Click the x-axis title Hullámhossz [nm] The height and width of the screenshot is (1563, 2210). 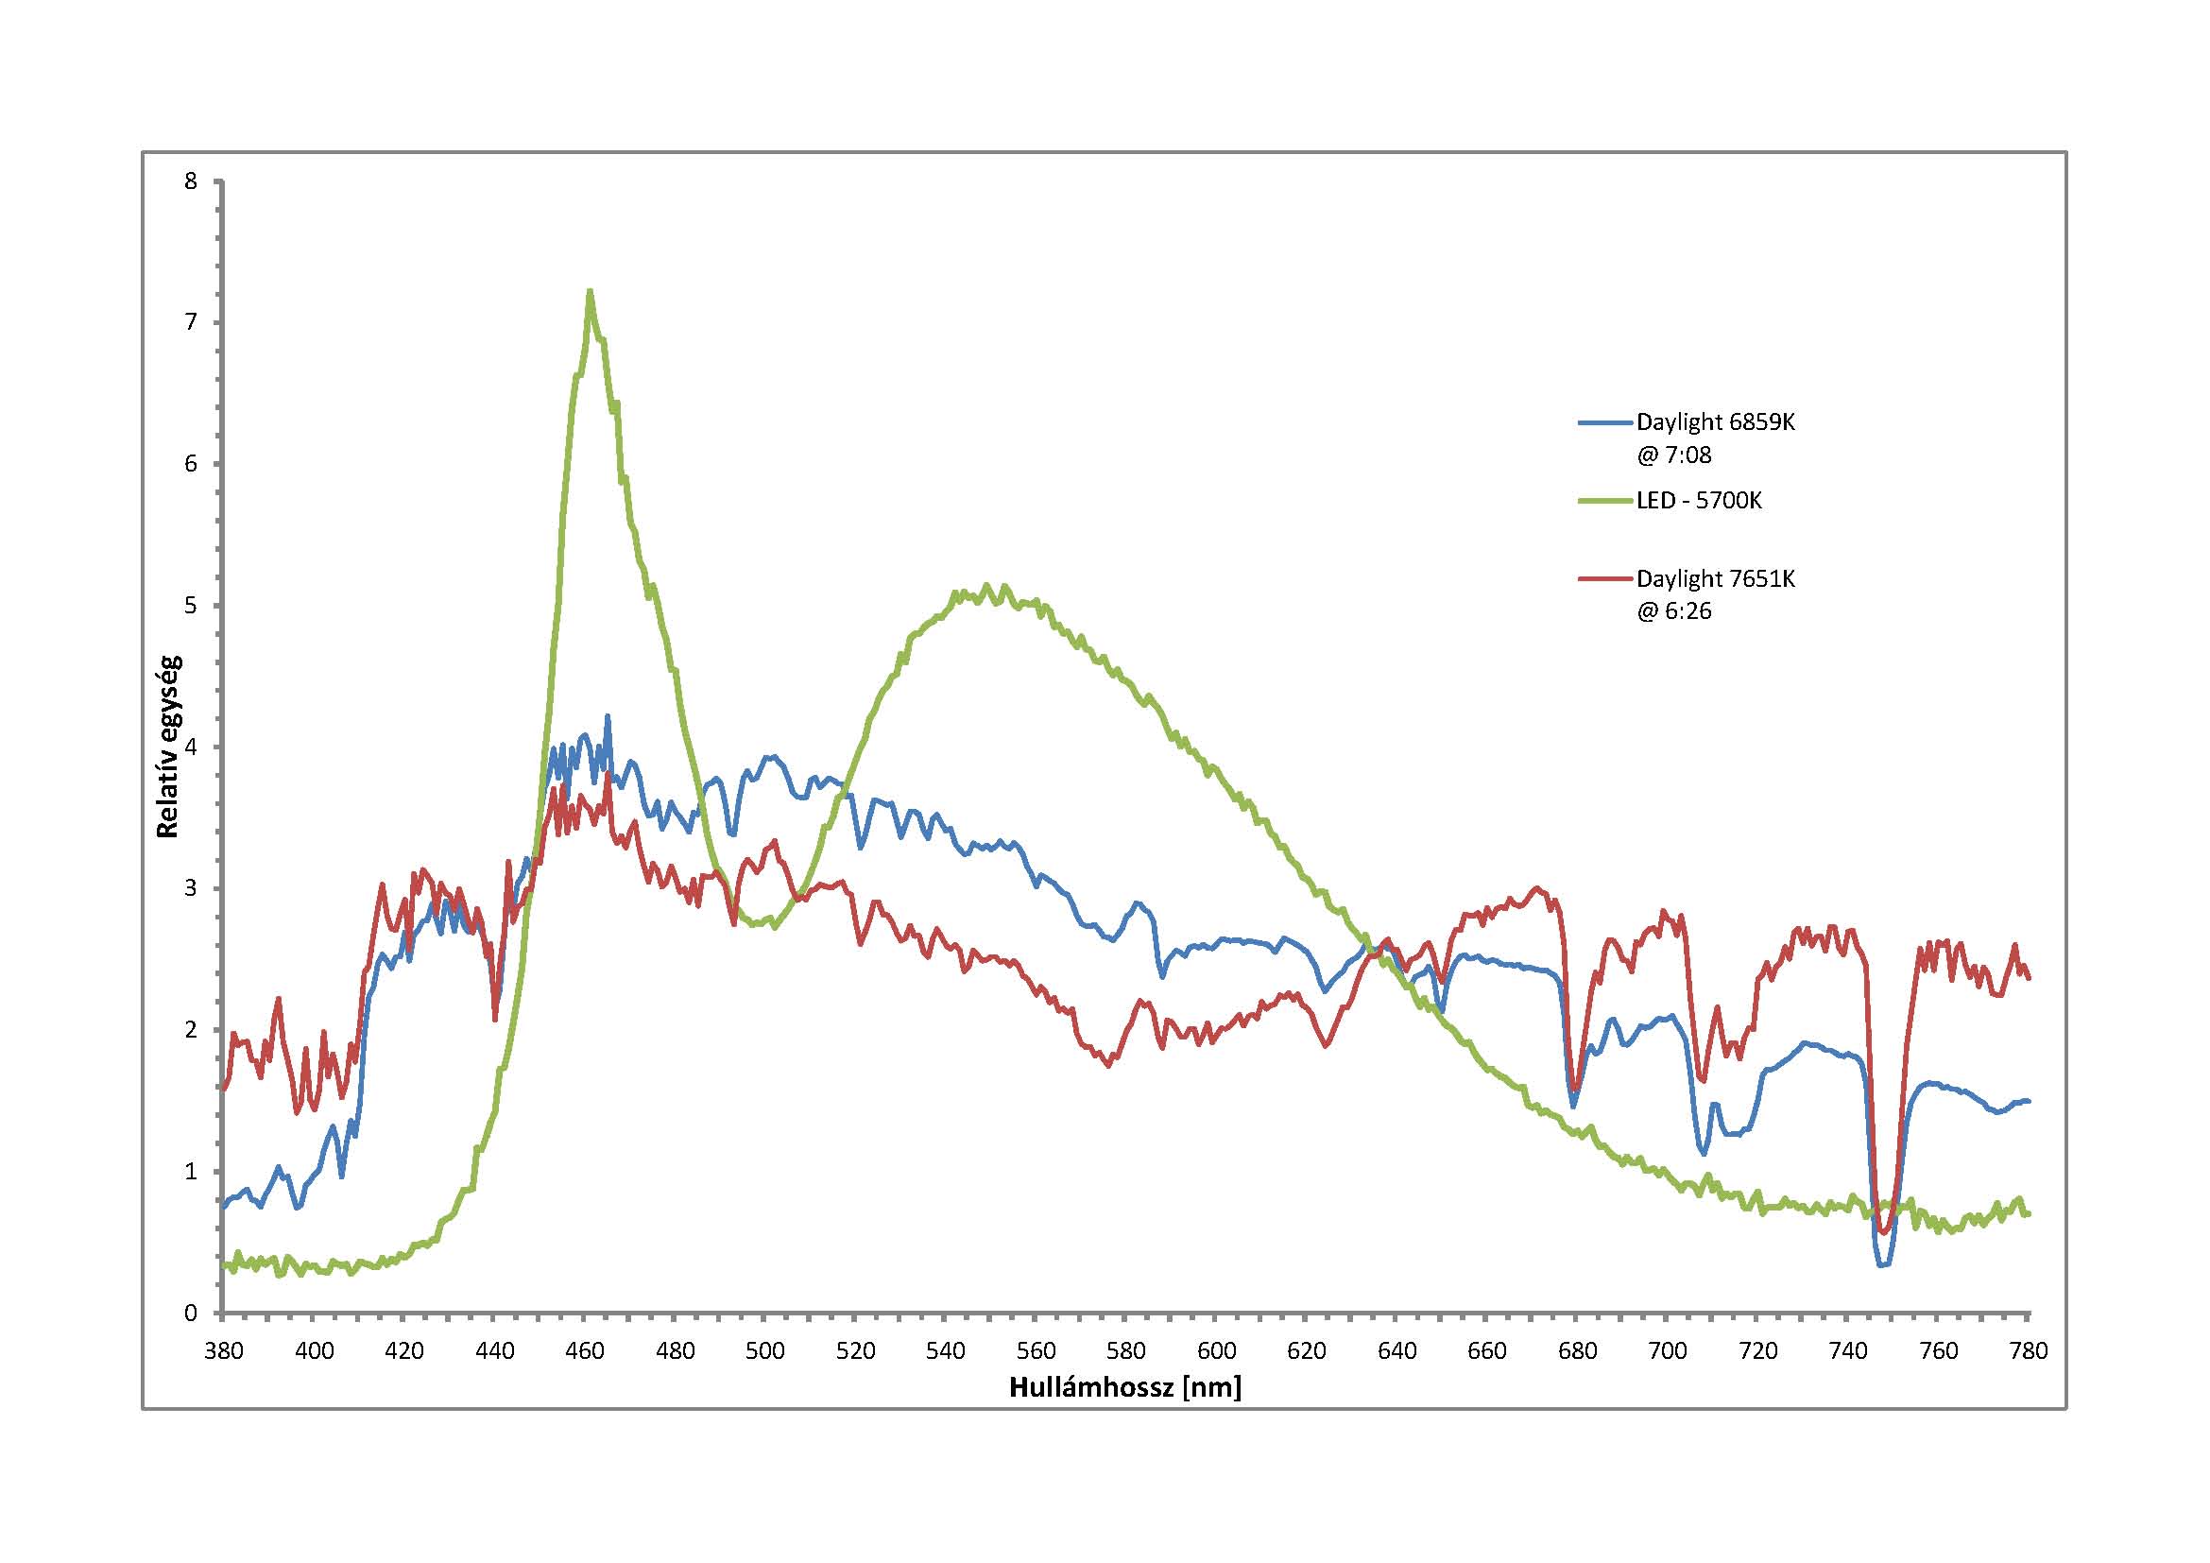1125,1387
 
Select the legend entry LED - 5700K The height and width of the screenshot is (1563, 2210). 1699,501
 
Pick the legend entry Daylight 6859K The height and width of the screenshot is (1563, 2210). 1715,421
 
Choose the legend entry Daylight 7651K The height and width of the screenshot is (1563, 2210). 1715,578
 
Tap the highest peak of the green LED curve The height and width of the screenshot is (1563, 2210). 589,291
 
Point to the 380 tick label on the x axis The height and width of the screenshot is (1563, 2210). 223,1351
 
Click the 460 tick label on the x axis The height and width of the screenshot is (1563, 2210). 584,1351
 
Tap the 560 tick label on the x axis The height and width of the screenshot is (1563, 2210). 1036,1351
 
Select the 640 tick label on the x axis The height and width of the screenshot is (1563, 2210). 1396,1351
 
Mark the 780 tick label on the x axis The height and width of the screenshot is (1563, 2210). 2028,1351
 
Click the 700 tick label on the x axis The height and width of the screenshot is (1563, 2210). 1667,1351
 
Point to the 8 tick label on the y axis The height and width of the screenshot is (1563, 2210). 191,180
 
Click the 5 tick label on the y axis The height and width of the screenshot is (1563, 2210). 191,606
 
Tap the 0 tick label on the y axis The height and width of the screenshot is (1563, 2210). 191,1313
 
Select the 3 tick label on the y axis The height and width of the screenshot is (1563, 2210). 191,888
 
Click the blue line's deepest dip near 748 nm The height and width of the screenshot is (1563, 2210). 1883,1264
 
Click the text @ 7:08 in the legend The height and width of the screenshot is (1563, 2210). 1674,455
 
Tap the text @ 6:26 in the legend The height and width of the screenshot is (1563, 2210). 1674,611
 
